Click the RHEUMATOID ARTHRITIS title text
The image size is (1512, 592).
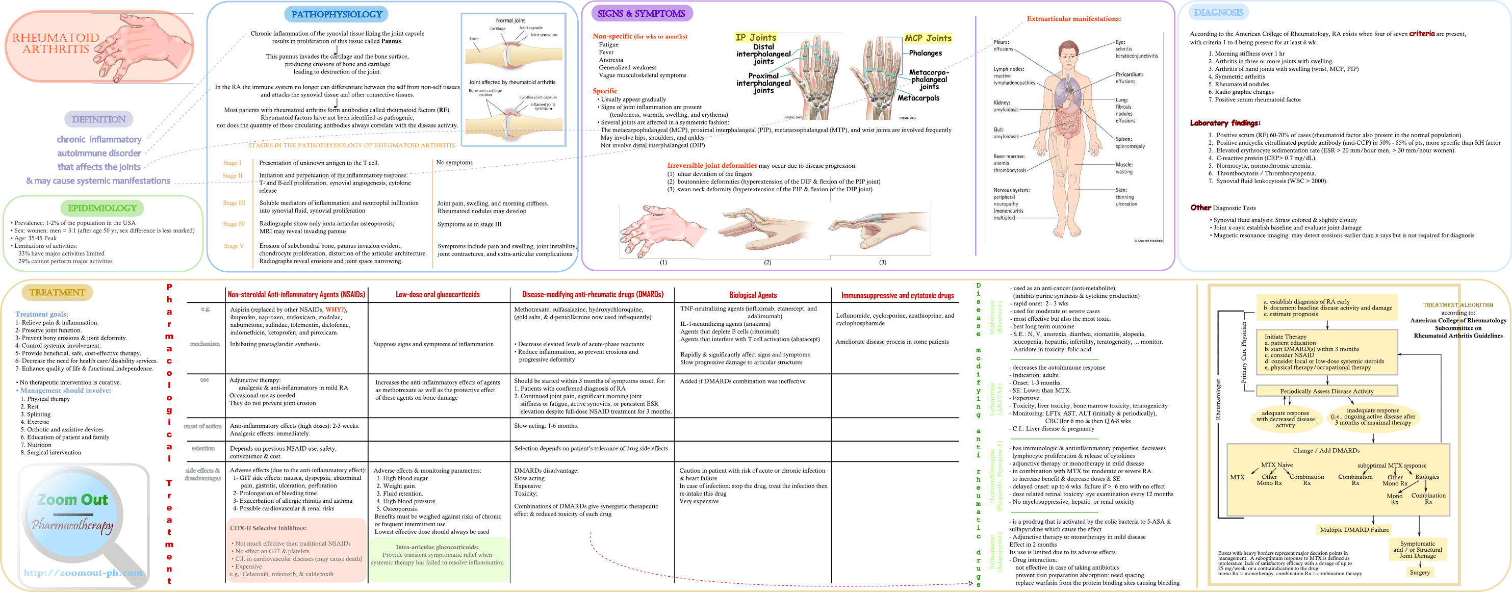click(x=55, y=43)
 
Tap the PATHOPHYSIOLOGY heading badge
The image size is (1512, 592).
click(x=337, y=15)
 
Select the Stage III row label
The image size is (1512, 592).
click(x=234, y=203)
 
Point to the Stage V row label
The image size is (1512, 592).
click(x=234, y=246)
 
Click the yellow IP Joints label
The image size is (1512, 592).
click(x=755, y=38)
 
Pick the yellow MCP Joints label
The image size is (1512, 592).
click(x=928, y=38)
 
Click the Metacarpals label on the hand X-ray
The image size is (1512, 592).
click(x=918, y=98)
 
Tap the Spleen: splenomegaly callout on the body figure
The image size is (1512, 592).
click(x=1130, y=143)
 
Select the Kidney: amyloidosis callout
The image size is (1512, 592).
click(x=1006, y=106)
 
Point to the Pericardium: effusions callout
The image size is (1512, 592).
click(x=1130, y=78)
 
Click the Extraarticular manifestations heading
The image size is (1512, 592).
click(x=1073, y=19)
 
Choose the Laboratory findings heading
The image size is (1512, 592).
click(x=1224, y=123)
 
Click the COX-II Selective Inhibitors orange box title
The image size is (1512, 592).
click(x=268, y=528)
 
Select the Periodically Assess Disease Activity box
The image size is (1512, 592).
click(x=1326, y=391)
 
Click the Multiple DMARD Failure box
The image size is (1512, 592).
click(x=1354, y=530)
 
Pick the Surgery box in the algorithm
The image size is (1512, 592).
click(x=1419, y=573)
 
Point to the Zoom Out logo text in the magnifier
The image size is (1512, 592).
click(x=73, y=500)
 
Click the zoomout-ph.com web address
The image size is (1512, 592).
click(x=83, y=573)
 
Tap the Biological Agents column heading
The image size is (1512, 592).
click(x=753, y=295)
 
